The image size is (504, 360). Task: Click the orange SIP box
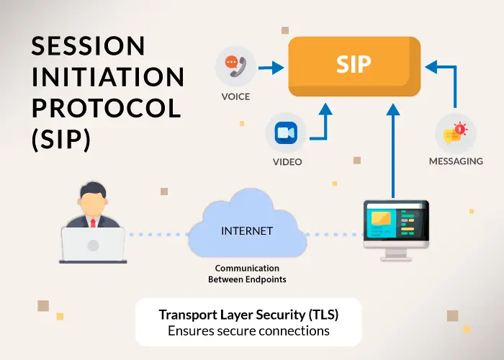point(354,64)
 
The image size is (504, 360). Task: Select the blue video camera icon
point(286,134)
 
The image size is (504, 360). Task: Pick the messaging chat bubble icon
point(455,134)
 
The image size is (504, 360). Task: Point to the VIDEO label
point(287,162)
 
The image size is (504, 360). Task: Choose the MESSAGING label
point(456,161)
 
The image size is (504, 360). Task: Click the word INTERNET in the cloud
point(247,231)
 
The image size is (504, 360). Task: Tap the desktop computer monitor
point(395,222)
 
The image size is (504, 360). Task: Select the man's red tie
point(93,222)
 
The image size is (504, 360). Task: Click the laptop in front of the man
point(93,244)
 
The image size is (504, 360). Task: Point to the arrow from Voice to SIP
point(270,68)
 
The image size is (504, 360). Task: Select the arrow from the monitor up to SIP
point(393,151)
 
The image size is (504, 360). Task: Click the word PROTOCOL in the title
point(106,108)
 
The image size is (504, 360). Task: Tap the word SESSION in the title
point(89,46)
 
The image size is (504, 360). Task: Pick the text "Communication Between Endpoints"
point(246,273)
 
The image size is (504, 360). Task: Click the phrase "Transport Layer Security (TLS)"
point(248,315)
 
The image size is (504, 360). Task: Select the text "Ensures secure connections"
point(248,331)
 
